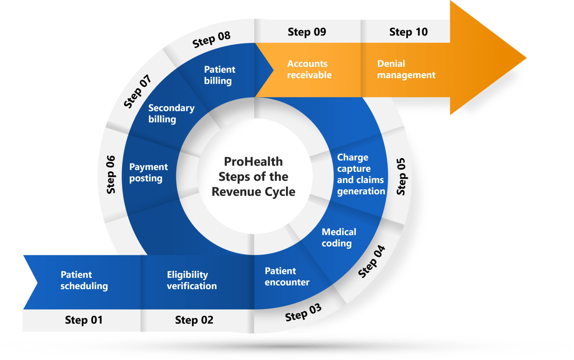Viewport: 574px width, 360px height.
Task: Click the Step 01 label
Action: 84,320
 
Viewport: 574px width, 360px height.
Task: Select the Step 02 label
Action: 194,320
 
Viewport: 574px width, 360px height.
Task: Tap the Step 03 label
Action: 303,313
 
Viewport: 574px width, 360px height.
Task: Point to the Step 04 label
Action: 371,262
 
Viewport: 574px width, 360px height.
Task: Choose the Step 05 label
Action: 401,176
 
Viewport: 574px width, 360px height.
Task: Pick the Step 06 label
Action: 111,175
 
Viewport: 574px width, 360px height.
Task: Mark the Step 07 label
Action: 138,91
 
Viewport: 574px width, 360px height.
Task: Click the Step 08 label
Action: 211,39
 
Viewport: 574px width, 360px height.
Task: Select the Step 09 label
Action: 307,32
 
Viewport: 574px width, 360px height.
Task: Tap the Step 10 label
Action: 408,32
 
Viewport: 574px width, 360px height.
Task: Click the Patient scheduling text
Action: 84,280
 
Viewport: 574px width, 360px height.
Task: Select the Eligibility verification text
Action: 192,280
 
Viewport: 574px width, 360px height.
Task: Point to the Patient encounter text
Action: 287,277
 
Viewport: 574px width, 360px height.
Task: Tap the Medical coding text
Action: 339,238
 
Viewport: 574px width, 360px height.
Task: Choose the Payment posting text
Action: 148,173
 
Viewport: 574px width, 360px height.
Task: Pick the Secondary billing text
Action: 171,114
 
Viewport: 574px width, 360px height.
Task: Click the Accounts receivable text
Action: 309,70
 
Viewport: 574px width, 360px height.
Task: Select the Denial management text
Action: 406,70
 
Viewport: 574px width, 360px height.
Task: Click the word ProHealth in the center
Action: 253,161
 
